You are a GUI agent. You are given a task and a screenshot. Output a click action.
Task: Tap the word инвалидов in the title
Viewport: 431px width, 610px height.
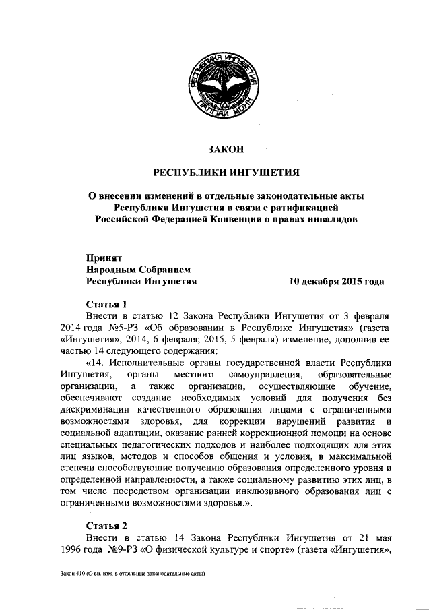(x=327, y=218)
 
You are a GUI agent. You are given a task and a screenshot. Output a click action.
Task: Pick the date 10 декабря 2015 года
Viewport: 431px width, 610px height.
(x=336, y=281)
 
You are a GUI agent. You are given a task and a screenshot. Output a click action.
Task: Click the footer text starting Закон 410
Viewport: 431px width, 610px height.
(x=131, y=574)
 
